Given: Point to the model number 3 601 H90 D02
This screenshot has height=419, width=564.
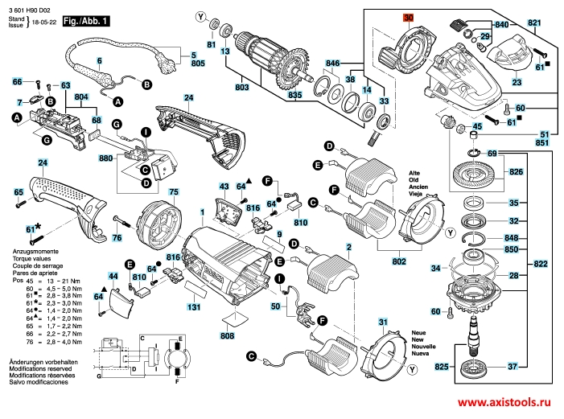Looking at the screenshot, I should tap(30, 7).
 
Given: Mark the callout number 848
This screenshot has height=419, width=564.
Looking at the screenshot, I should tap(513, 238).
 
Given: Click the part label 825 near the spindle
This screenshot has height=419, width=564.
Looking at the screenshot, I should tap(441, 366).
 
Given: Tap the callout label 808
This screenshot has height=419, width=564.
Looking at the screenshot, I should tap(227, 335).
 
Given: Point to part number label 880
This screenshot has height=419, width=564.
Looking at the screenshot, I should tap(105, 158).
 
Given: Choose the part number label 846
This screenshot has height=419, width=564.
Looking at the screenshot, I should tap(333, 62).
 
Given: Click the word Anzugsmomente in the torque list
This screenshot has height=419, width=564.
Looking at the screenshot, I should tap(30, 253).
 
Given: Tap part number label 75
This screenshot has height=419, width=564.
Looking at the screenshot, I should tap(173, 191).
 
